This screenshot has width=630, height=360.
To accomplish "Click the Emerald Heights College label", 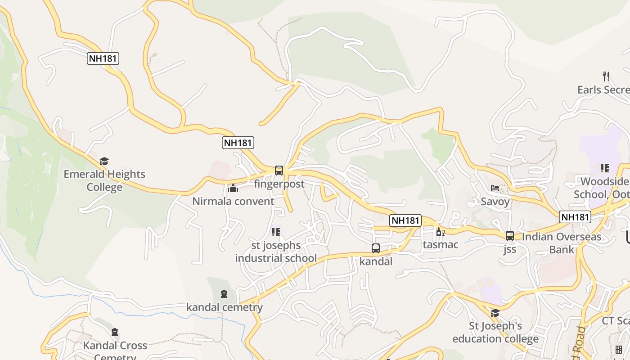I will [104, 180].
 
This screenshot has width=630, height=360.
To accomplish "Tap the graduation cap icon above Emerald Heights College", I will [104, 161].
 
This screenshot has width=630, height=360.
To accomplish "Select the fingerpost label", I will [279, 184].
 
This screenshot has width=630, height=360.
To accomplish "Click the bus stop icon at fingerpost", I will [279, 171].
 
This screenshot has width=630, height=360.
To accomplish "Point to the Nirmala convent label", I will [233, 201].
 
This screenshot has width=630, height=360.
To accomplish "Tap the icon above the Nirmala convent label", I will [233, 188].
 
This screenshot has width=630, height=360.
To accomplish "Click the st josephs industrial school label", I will [276, 252].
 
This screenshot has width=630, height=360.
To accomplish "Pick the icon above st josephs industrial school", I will [276, 232].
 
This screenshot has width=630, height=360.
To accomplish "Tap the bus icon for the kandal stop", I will [376, 248].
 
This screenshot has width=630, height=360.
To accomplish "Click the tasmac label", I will [440, 245].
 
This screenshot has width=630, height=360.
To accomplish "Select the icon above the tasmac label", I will [440, 232].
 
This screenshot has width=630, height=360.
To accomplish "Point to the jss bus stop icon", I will [510, 235].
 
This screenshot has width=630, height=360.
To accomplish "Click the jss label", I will [510, 249].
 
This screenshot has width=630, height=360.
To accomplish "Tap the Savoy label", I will [495, 201].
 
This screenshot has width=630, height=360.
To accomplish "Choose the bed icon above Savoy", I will [495, 188].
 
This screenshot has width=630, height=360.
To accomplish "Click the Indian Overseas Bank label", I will [562, 243].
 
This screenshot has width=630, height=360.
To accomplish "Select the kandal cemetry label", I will [224, 307].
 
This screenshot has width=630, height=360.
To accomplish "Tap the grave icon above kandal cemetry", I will [224, 294].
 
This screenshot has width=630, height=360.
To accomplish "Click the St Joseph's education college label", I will [495, 332].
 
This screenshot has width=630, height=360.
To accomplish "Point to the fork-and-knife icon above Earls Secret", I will [606, 76].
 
